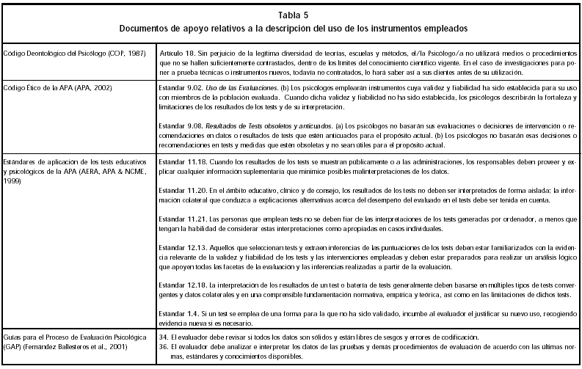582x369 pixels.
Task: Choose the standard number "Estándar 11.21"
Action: tap(183, 219)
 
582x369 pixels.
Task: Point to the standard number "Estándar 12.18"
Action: tap(183, 284)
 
